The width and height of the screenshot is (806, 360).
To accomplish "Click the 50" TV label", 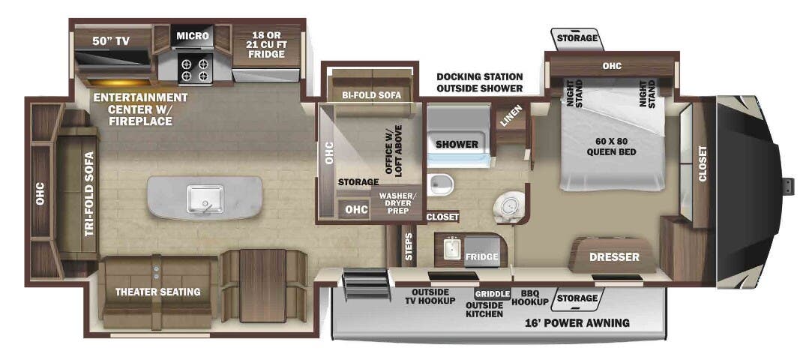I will pos(111,41).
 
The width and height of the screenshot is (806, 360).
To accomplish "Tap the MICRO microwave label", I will pos(193,35).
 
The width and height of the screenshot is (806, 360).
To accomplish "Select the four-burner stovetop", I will pos(194,68).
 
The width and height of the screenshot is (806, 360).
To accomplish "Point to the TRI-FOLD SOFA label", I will pos(89,194).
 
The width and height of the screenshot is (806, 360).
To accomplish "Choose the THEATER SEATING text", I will pos(157,292).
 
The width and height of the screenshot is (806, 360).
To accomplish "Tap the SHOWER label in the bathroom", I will pos(457,144).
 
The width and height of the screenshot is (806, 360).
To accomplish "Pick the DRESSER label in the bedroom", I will pos(614,257).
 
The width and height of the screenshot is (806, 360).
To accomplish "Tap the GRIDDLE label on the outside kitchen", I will pos(492,294).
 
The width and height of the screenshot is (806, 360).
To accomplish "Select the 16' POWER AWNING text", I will pos(577,323).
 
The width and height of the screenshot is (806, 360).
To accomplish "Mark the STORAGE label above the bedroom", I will pos(577,37).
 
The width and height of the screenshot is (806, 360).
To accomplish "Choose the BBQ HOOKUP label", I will pos(530,298).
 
